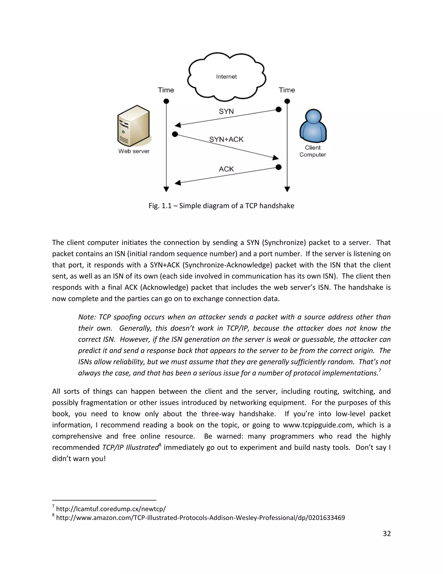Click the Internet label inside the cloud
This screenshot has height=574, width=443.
(x=226, y=76)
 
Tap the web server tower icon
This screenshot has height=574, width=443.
(x=134, y=126)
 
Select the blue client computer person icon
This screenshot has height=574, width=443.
(x=313, y=126)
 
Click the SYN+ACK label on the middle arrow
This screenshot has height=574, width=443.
(x=226, y=139)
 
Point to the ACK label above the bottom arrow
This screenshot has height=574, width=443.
(x=226, y=169)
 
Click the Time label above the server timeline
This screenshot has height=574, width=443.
(x=166, y=90)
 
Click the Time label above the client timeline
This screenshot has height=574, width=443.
(x=287, y=90)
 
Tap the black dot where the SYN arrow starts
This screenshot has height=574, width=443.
(x=279, y=109)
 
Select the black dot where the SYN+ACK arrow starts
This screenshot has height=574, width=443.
(x=175, y=134)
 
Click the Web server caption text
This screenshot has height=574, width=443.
(x=134, y=151)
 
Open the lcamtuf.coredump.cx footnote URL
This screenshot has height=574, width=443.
(x=111, y=509)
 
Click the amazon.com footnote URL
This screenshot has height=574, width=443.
(x=200, y=518)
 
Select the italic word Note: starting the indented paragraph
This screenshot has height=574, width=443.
(x=87, y=317)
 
